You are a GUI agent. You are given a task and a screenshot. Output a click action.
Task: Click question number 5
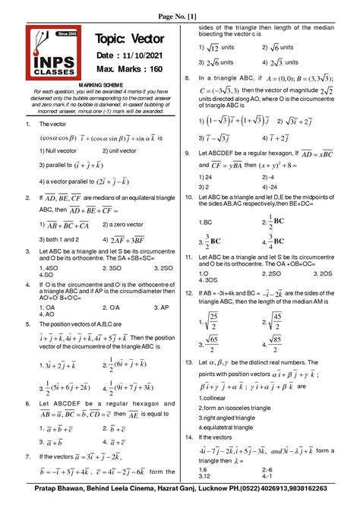coord(27,323)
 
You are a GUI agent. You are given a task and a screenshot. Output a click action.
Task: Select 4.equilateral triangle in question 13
coord(233,427)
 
